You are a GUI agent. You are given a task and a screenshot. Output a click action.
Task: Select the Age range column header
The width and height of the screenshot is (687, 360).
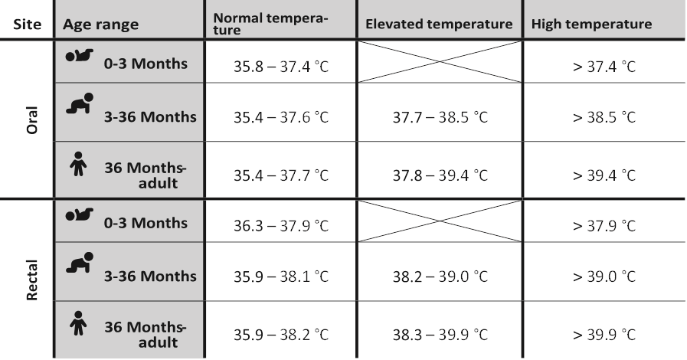pos(100,24)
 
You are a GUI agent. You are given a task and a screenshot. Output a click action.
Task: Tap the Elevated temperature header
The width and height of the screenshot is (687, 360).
pos(439,24)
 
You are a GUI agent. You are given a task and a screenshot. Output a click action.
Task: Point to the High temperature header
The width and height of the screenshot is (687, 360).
pos(591,24)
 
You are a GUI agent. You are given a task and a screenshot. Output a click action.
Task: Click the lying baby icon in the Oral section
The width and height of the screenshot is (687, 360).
pos(80,57)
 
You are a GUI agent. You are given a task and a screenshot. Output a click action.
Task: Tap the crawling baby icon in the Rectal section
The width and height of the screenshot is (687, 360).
pos(80,264)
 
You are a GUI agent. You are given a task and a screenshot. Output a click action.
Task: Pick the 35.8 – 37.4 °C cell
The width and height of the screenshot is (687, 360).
pos(281,66)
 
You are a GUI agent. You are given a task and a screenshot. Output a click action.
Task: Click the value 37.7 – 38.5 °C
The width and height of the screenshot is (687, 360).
pos(440,119)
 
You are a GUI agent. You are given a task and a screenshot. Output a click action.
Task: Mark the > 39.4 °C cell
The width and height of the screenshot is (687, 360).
pos(604,175)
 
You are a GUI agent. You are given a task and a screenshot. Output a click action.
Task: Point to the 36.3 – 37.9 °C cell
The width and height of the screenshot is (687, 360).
pos(281,226)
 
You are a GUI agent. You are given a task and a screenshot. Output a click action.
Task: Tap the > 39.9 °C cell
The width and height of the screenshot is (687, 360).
pos(604,335)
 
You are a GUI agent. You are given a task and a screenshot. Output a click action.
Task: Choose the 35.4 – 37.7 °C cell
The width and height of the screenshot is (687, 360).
pos(281,175)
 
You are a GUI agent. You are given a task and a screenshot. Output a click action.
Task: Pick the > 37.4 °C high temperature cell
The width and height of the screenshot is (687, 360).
pos(604,66)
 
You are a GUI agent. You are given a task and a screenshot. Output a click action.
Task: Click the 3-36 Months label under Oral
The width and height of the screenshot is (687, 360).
pos(150,117)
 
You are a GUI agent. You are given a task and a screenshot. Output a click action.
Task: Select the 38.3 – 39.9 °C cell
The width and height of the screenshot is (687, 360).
pos(440,335)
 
